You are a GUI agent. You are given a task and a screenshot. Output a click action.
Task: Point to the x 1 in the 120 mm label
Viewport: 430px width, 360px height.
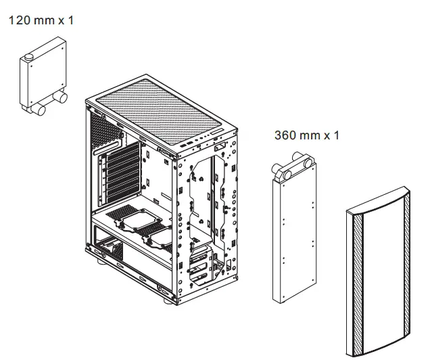[x=66, y=20]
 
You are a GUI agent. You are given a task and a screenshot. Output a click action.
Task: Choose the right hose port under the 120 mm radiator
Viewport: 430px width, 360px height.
[x=62, y=99]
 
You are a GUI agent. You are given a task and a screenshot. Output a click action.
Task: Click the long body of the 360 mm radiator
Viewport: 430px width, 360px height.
[x=295, y=237]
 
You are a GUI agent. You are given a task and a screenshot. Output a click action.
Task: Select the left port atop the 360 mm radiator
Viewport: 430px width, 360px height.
[x=280, y=172]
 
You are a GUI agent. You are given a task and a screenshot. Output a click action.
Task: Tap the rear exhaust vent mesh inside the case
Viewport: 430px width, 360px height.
[x=101, y=131]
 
